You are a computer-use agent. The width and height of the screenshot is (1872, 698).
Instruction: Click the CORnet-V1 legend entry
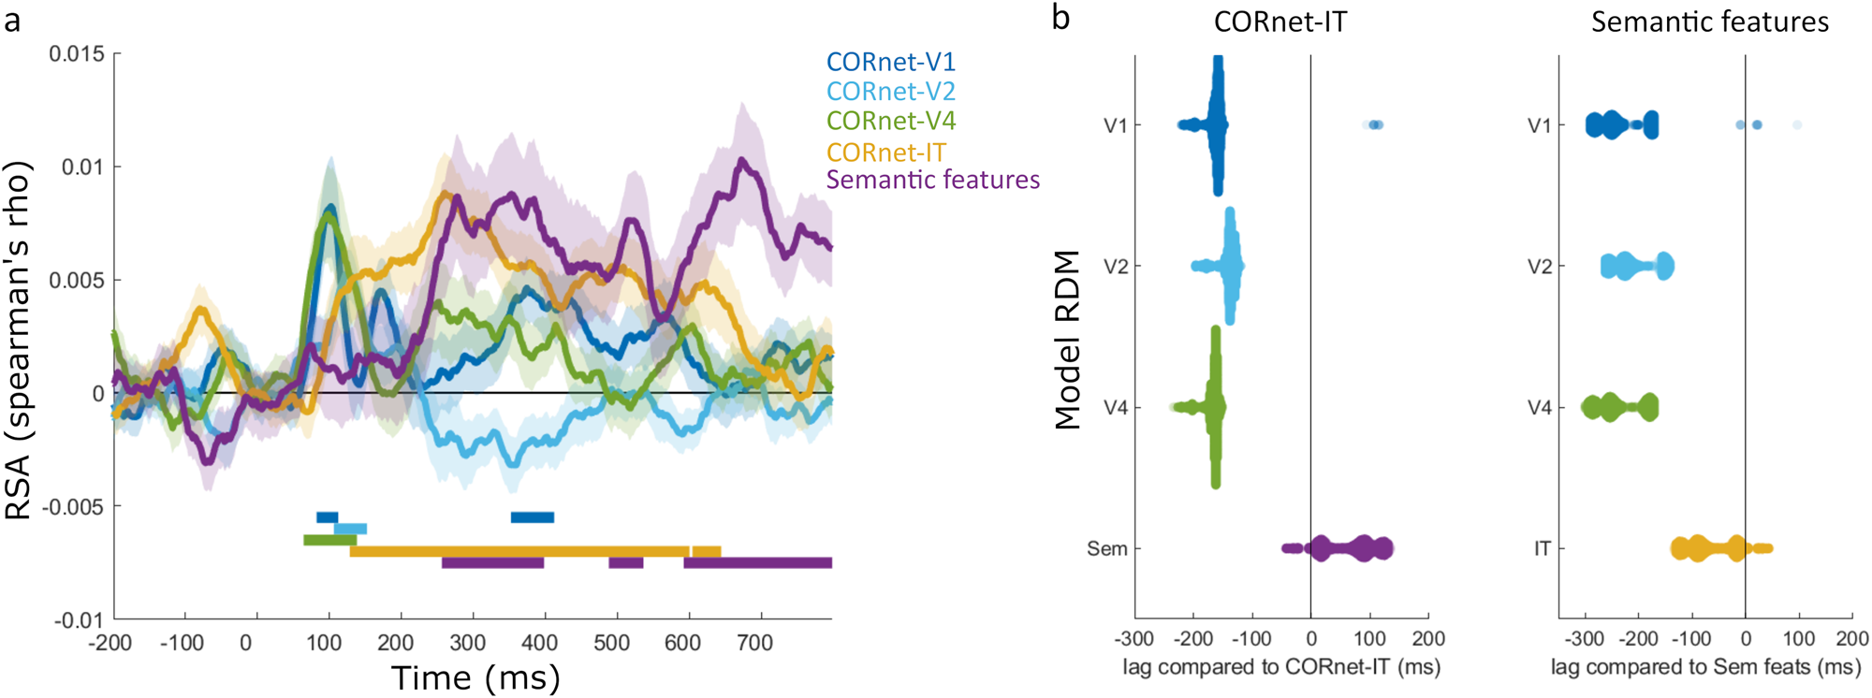coord(890,62)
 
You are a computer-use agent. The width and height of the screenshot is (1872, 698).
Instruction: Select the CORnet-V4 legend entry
coord(890,121)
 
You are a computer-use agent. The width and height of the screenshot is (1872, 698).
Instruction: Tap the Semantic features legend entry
coord(932,180)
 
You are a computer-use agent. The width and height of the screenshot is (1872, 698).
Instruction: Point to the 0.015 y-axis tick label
coord(77,53)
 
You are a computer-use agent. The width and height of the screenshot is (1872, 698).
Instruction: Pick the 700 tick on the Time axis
coord(754,643)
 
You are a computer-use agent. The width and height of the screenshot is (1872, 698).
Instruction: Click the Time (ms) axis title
coord(475,677)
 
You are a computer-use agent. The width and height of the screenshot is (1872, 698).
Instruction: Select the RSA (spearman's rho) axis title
coord(19,341)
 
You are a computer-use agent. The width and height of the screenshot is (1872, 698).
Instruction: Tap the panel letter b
coord(1060,18)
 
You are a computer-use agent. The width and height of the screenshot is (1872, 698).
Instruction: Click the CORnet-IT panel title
coord(1280,22)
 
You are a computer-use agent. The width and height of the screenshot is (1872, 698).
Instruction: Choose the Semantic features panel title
coord(1709,22)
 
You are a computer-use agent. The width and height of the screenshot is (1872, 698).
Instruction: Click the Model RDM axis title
coord(1067,340)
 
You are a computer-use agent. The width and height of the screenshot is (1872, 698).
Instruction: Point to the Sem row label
coord(1106,549)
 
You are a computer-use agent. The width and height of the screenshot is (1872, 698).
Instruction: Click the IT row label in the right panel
coord(1542,549)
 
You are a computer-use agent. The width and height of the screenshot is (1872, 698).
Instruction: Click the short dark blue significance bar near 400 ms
coord(532,517)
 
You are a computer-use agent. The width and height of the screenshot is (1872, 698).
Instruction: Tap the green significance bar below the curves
coord(329,540)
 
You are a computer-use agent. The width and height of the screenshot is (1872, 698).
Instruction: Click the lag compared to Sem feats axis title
coord(1705,667)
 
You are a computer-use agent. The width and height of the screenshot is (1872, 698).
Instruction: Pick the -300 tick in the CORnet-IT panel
coord(1133,639)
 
